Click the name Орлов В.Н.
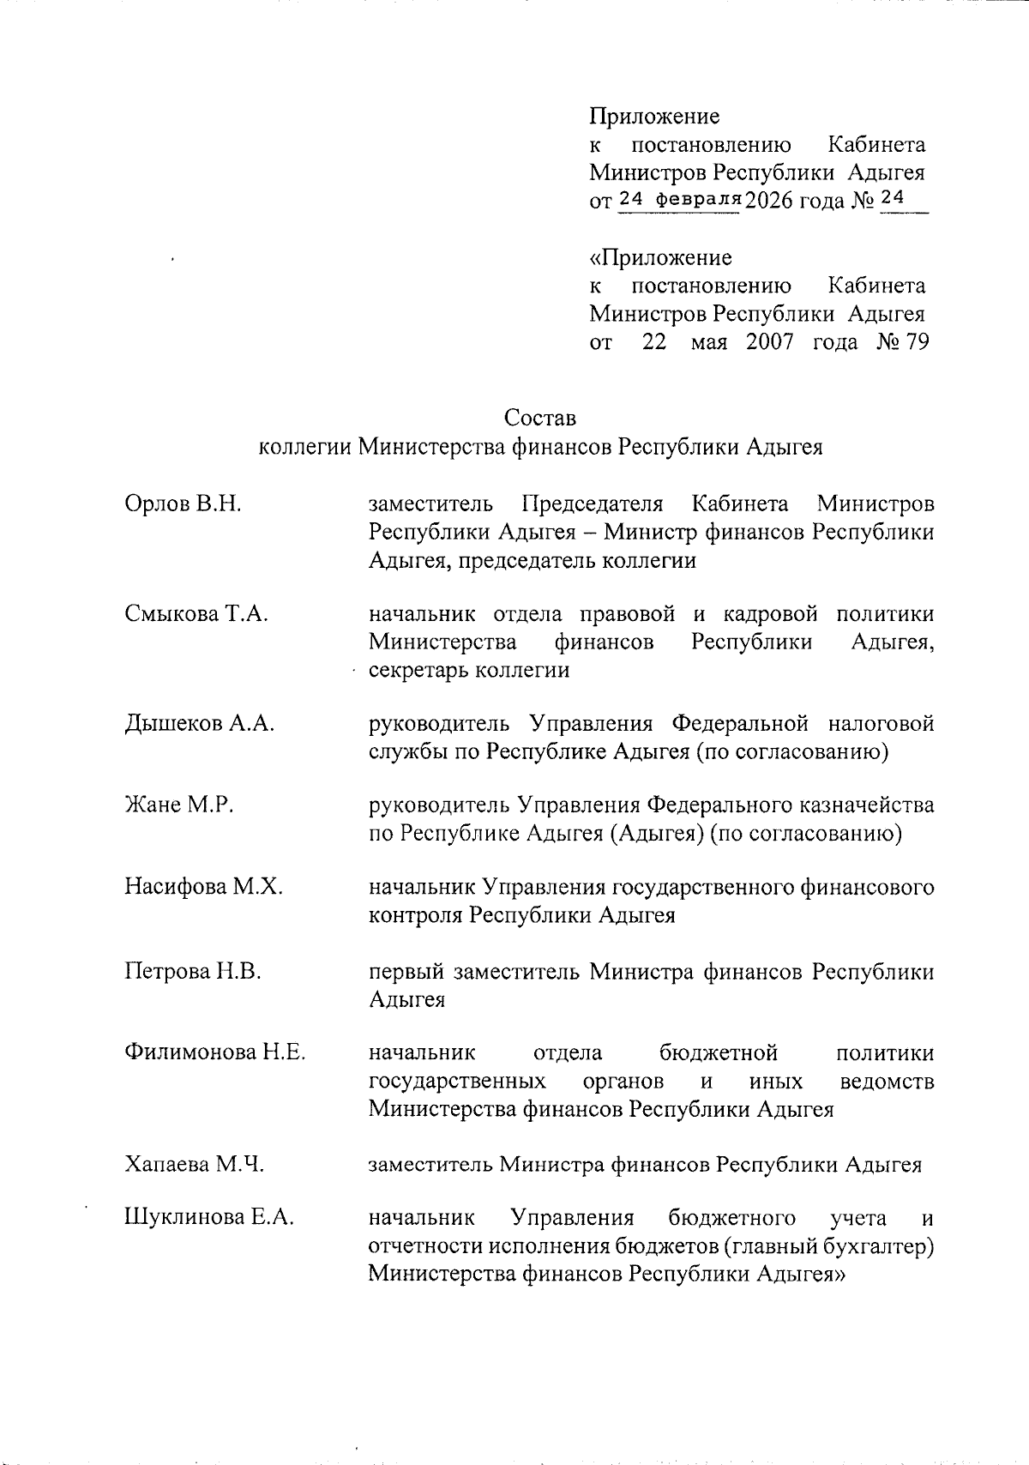183,503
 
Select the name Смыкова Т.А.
196,614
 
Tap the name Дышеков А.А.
199,723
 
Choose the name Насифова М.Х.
203,886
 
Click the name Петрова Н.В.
193,971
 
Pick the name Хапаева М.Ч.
194,1164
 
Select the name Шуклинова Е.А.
209,1218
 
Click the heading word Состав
540,418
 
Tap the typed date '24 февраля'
678,199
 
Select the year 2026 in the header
770,202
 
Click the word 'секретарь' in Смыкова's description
414,670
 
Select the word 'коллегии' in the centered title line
304,447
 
